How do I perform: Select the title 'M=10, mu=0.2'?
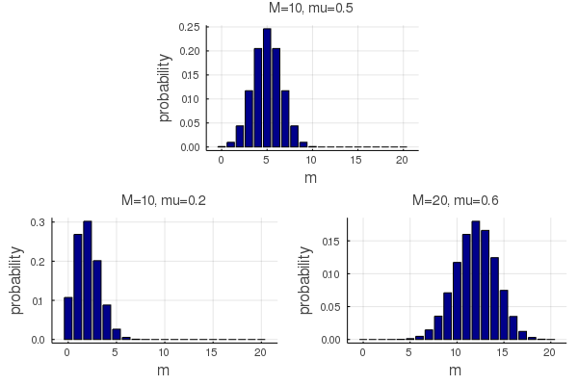tap(163, 201)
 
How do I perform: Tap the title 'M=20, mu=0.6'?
tap(455, 201)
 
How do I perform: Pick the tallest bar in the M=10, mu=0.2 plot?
tap(87, 280)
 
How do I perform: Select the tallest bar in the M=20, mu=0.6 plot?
tap(475, 280)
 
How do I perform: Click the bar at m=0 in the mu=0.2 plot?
tap(67, 318)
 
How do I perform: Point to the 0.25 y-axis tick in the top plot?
tap(189, 27)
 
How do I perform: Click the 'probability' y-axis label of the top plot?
tap(165, 87)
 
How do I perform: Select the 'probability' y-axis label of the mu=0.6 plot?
tap(305, 279)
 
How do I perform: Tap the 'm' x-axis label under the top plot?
tap(310, 178)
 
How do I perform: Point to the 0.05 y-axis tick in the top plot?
tap(189, 123)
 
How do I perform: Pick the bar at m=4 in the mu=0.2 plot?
tap(106, 321)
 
